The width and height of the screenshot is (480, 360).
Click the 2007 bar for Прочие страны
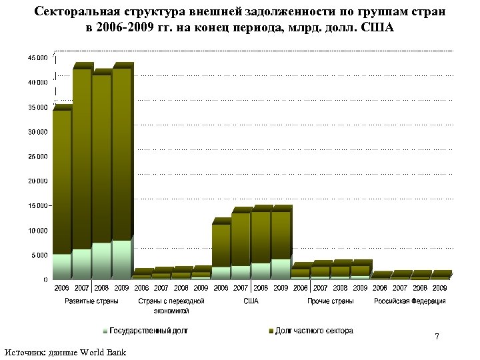(320, 269)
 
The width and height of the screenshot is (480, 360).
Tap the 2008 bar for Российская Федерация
(420, 275)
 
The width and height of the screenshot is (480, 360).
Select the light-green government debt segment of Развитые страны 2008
(101, 261)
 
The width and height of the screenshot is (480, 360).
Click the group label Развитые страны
(91, 301)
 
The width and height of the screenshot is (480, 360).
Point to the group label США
(251, 301)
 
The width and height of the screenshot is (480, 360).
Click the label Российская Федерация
(410, 301)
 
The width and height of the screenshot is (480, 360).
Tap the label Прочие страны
(330, 301)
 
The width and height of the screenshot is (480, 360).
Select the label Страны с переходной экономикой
(171, 306)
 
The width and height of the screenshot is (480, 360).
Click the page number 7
(437, 337)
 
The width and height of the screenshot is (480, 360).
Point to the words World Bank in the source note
(103, 351)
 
